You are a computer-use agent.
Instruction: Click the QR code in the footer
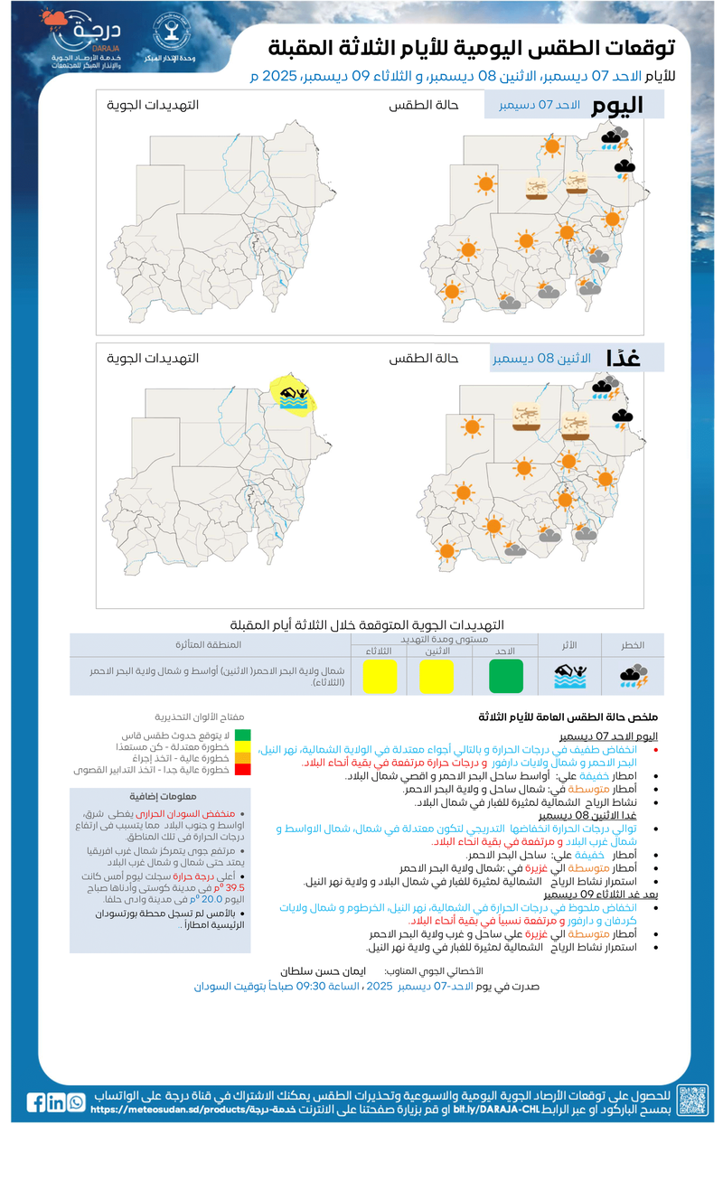(693, 1101)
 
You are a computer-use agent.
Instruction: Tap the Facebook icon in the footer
(36, 1102)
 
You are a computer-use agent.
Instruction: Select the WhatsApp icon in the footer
(76, 1102)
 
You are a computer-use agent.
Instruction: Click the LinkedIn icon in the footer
(56, 1102)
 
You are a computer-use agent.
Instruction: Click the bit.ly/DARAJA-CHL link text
(488, 1110)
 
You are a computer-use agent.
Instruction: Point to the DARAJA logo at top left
(87, 42)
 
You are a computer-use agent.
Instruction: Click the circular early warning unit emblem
(167, 37)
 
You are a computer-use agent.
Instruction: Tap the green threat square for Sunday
(506, 676)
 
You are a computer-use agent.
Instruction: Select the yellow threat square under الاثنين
(436, 676)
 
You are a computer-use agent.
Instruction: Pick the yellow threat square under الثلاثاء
(380, 676)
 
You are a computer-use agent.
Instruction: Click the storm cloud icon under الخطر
(633, 676)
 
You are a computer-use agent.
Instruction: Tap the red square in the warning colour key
(242, 770)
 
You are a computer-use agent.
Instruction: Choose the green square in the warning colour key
(242, 736)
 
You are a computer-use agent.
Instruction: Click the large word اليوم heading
(617, 105)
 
